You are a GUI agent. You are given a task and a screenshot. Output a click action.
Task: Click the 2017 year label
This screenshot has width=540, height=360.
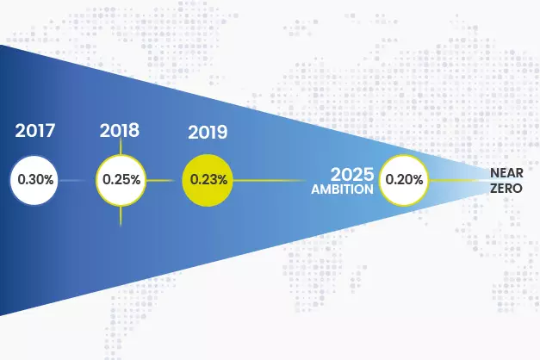35,133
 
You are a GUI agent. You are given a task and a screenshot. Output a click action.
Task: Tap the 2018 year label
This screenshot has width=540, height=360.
120,131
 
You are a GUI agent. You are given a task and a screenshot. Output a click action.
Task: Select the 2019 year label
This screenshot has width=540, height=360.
208,133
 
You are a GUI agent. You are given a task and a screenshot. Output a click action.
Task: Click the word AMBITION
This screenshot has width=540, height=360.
343,188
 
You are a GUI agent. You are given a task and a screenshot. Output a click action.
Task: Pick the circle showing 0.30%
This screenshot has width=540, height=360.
35,181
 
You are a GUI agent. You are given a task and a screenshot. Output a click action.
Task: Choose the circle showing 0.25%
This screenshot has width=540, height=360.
121,181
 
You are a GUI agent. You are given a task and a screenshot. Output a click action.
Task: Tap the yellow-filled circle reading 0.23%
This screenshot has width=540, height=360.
208,181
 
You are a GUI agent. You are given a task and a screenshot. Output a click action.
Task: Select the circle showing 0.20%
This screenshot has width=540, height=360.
404,181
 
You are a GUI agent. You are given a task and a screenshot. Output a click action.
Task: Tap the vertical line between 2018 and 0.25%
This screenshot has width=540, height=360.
121,147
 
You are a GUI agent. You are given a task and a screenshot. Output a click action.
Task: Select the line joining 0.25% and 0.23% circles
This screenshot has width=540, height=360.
164,181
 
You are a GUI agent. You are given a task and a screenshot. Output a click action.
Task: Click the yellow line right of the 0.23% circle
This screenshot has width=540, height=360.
267,181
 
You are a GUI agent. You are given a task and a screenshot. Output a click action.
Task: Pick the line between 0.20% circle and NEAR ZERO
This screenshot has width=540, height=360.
456,181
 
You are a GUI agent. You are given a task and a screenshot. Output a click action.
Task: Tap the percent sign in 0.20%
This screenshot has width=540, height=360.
417,181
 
